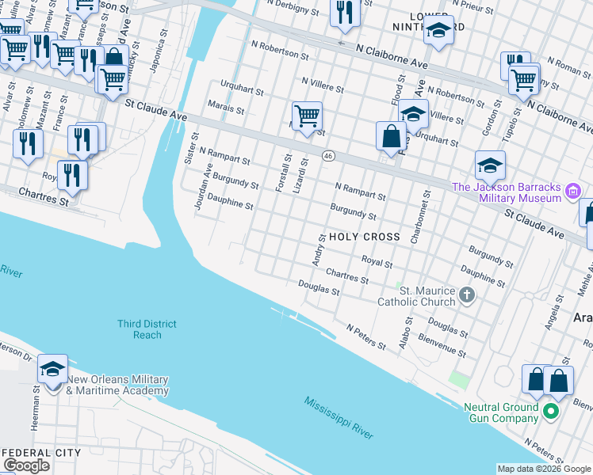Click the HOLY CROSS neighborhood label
(x=364, y=237)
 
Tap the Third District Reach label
(x=147, y=329)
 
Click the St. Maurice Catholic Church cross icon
(x=467, y=296)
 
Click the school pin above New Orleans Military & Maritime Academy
(x=53, y=370)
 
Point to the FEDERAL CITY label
(x=42, y=453)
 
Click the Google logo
(x=26, y=465)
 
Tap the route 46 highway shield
(x=327, y=157)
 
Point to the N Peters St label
(x=366, y=336)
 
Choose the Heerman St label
(x=36, y=416)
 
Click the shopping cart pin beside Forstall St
(x=307, y=116)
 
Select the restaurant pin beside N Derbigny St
(x=344, y=13)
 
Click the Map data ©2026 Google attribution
(x=544, y=469)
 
